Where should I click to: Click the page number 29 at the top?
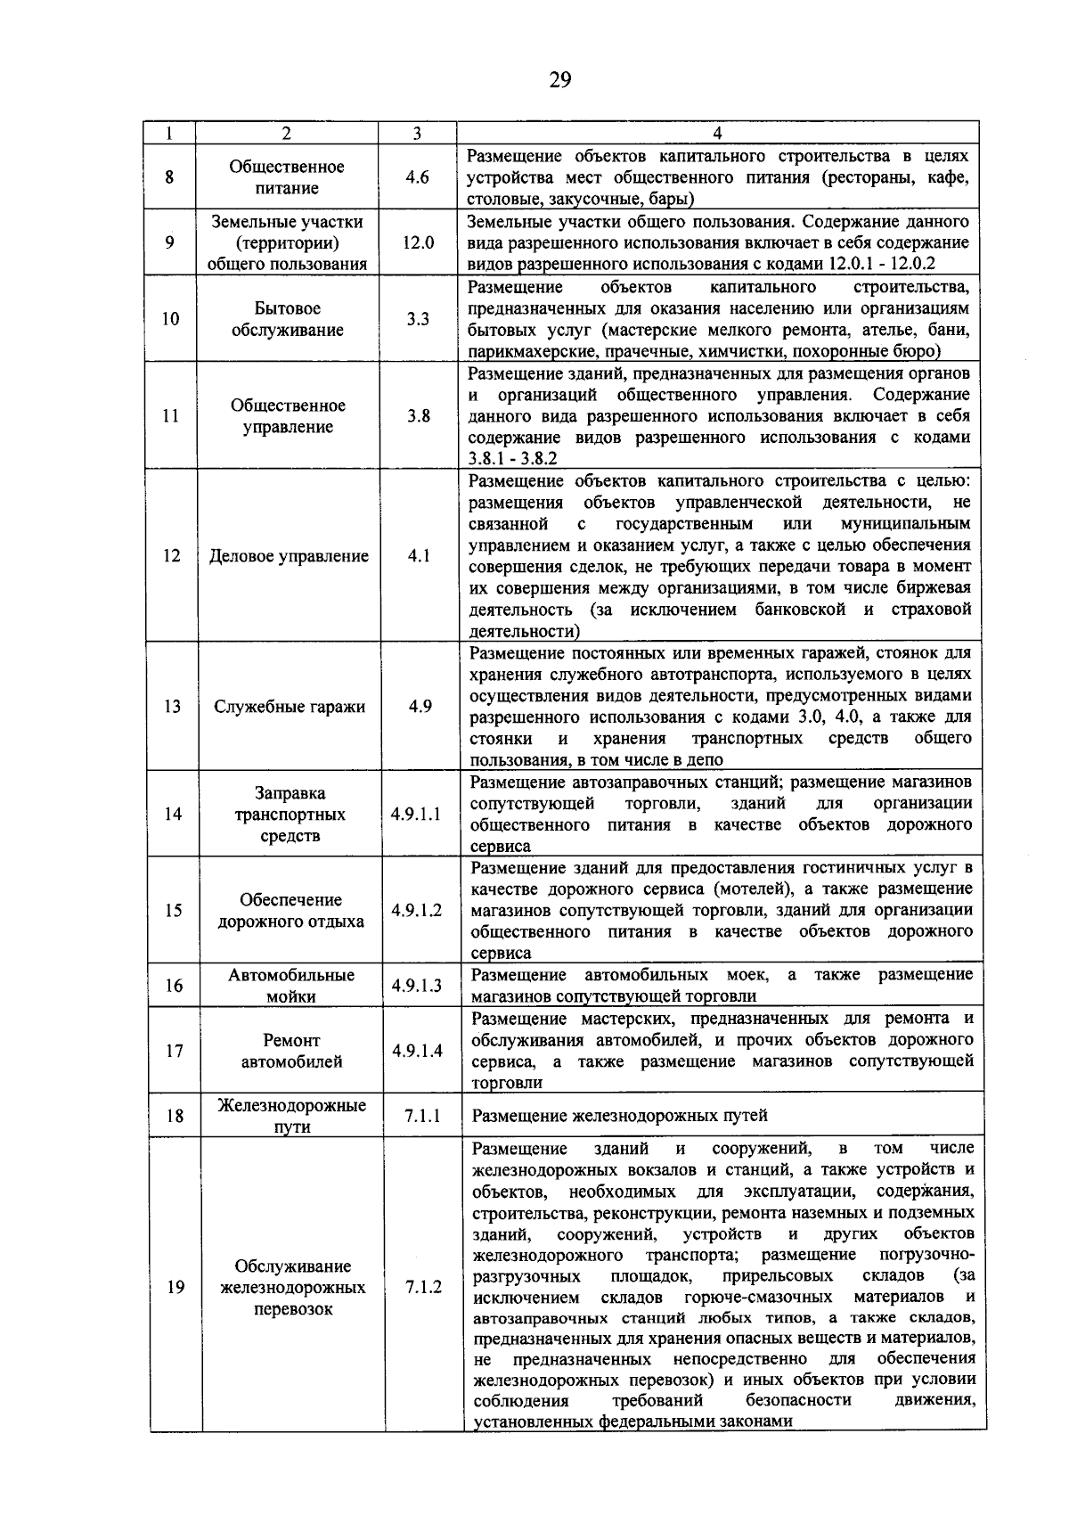click(x=559, y=81)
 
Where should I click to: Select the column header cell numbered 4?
click(x=718, y=133)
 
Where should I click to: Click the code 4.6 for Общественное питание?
click(x=417, y=177)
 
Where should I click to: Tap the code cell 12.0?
click(x=418, y=242)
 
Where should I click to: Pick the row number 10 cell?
click(x=170, y=319)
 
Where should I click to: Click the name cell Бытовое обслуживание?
click(x=287, y=319)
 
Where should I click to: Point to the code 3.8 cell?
click(x=419, y=416)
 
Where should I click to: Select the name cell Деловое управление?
click(x=289, y=556)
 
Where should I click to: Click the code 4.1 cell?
click(x=419, y=555)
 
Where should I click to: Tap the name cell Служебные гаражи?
click(x=290, y=707)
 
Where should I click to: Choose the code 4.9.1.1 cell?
click(x=416, y=814)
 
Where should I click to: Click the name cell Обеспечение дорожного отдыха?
click(x=290, y=910)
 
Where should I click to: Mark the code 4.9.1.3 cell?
click(x=417, y=985)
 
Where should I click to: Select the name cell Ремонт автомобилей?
click(x=290, y=1051)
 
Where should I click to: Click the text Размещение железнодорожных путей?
click(x=619, y=1116)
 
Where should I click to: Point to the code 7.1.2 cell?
click(x=423, y=1287)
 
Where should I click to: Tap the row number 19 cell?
click(x=175, y=1287)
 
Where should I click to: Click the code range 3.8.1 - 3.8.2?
click(x=512, y=459)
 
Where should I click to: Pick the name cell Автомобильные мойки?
click(x=290, y=986)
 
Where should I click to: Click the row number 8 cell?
click(x=169, y=177)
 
